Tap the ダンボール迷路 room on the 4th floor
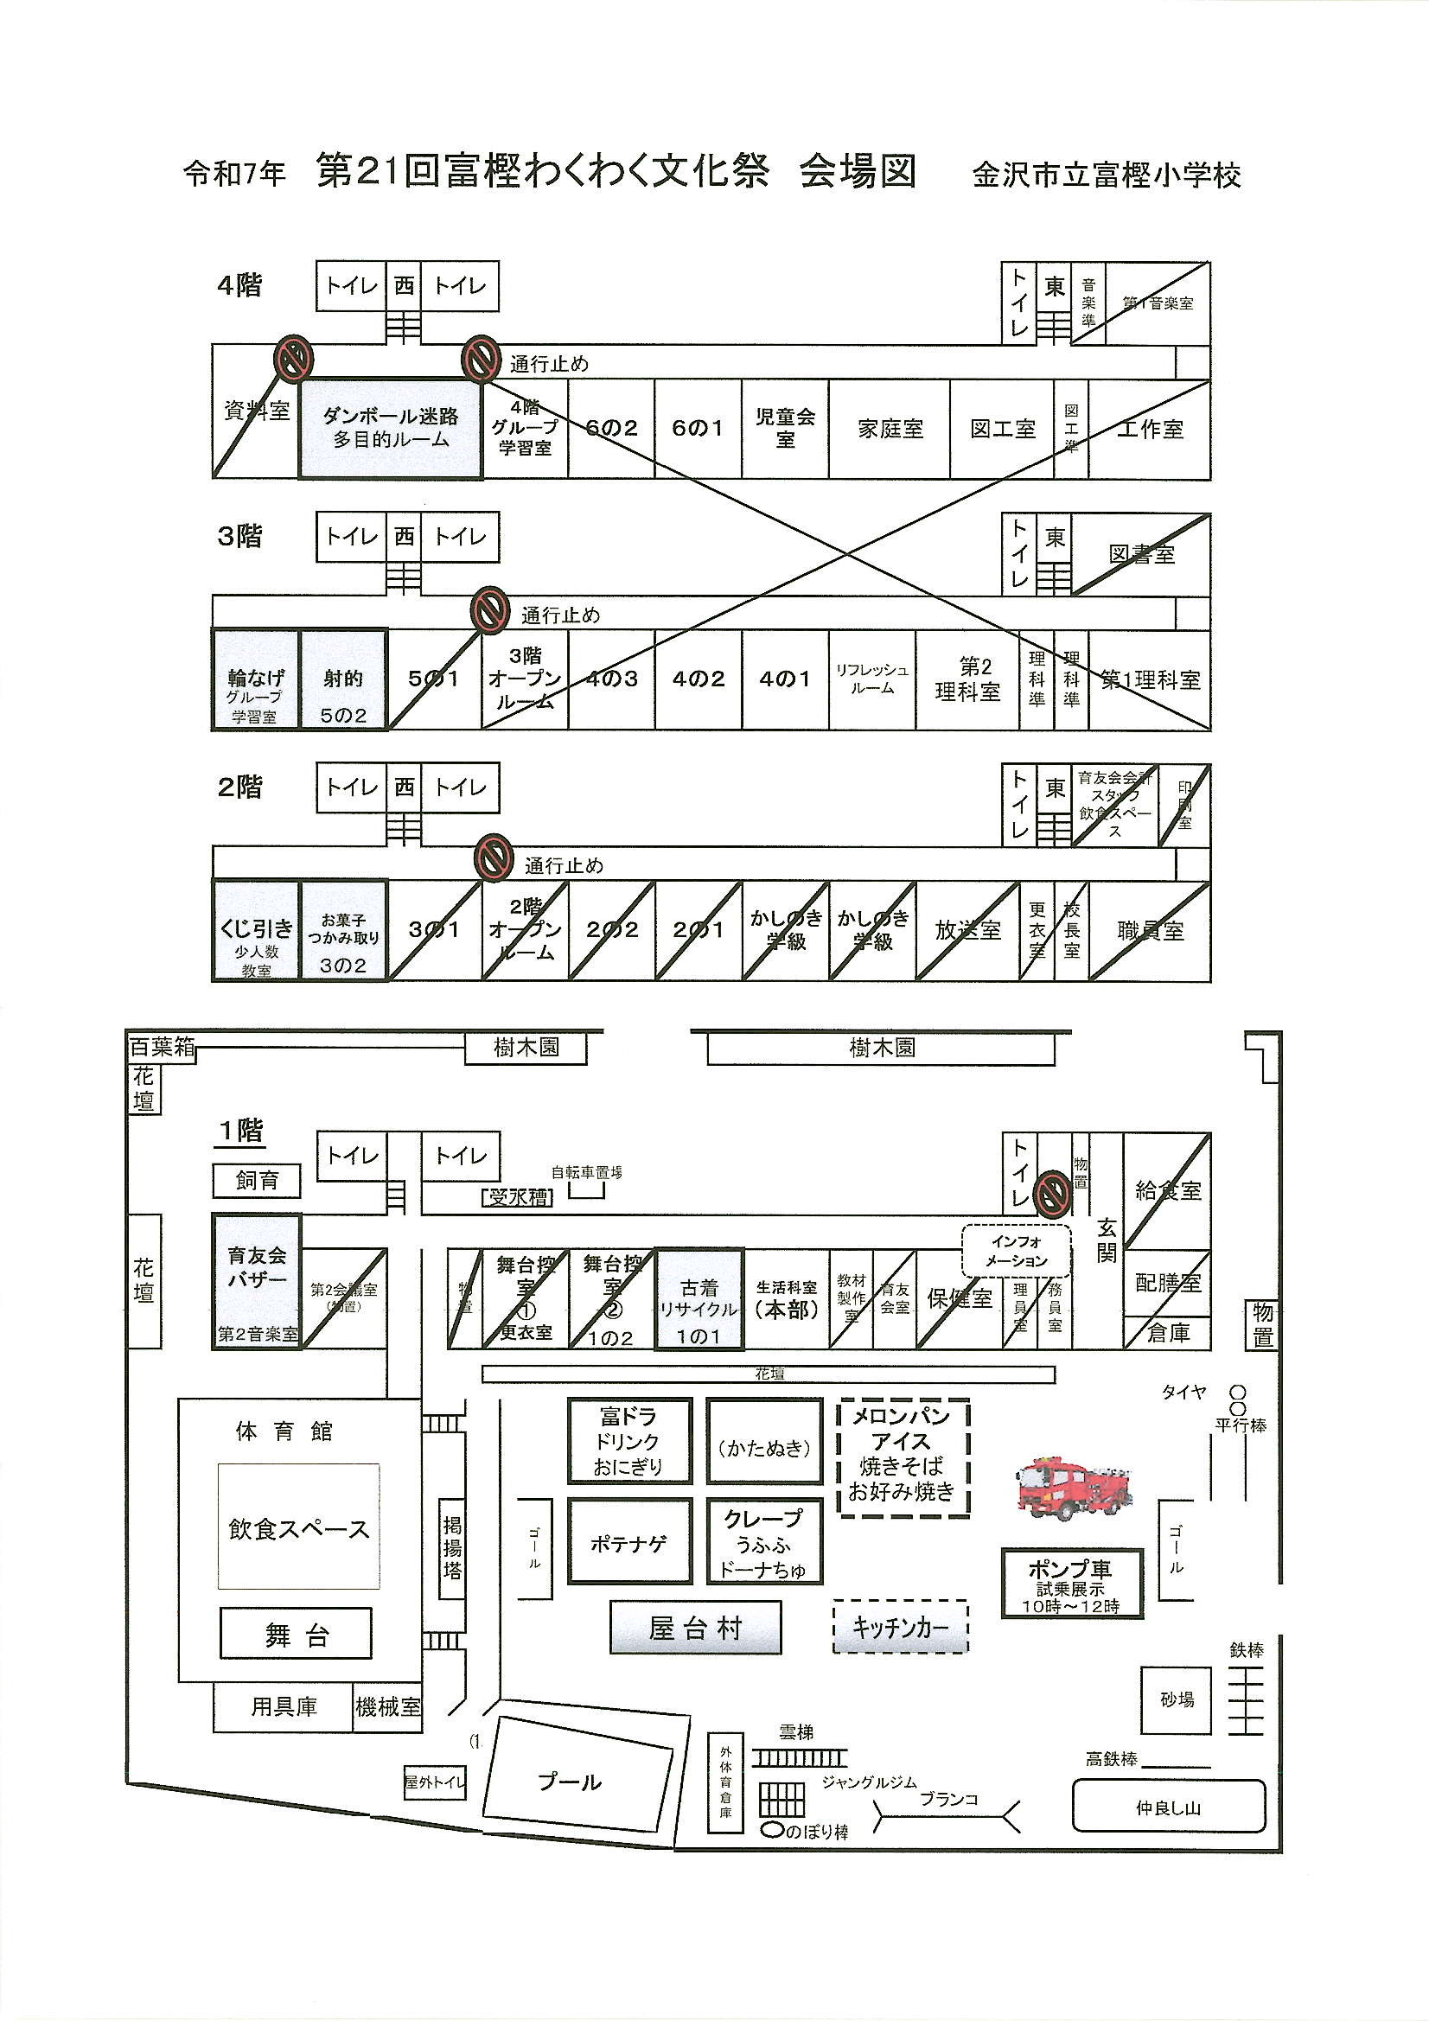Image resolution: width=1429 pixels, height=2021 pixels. tap(390, 429)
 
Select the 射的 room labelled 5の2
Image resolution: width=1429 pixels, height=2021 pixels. tap(343, 679)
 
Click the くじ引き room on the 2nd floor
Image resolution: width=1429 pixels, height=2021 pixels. tap(255, 929)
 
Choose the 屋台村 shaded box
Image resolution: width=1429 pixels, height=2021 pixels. tap(696, 1629)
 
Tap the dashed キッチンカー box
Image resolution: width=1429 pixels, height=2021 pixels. tap(900, 1628)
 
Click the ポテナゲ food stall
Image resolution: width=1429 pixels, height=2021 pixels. tap(628, 1543)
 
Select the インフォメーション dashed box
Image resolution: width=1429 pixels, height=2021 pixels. tap(1016, 1251)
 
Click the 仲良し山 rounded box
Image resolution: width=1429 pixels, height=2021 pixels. tap(1169, 1808)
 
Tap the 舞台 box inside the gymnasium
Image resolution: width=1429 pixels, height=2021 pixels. tap(296, 1635)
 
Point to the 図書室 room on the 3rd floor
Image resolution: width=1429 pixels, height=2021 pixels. tap(1141, 555)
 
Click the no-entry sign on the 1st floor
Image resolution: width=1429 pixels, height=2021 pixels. tap(1051, 1193)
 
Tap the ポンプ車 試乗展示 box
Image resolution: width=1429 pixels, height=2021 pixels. tap(1070, 1584)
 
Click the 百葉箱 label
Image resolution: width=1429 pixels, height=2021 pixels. tap(162, 1048)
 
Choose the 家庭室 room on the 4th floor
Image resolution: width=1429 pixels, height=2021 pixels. tap(890, 429)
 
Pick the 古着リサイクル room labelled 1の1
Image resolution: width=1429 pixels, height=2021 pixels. tap(699, 1298)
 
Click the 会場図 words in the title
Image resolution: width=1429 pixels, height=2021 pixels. tap(858, 171)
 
